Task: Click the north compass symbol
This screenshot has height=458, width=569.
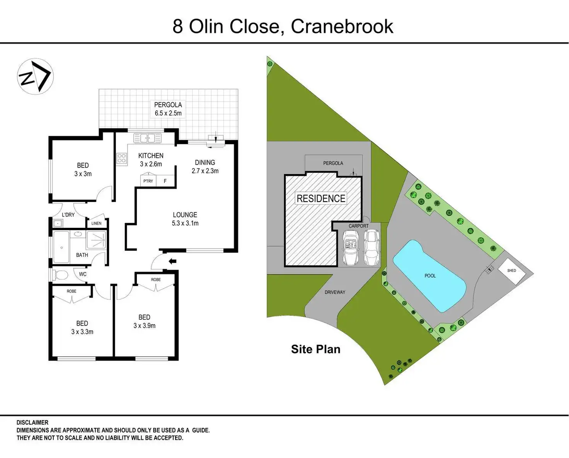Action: point(35,76)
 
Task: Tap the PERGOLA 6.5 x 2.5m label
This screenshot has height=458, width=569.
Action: point(168,109)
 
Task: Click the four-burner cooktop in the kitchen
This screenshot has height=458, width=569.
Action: point(121,158)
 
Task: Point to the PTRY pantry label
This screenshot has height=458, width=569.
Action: point(148,181)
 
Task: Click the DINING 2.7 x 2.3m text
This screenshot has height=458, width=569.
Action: point(205,167)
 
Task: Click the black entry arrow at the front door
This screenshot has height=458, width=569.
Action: point(172,261)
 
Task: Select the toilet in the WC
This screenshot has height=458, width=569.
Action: point(61,275)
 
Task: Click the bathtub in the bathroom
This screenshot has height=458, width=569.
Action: point(61,247)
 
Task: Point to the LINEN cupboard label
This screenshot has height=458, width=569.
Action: point(96,223)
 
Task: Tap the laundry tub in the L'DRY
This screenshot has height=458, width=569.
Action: point(58,223)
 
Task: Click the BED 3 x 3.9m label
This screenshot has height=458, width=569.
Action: point(144,321)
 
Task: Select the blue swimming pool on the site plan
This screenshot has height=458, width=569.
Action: point(429,275)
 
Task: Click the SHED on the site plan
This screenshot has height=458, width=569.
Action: point(511,271)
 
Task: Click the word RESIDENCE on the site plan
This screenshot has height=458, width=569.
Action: point(321,198)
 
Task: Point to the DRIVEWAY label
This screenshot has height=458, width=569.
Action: point(335,292)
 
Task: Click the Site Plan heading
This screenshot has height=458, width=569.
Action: point(315,349)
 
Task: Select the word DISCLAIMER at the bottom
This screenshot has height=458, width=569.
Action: point(32,423)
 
